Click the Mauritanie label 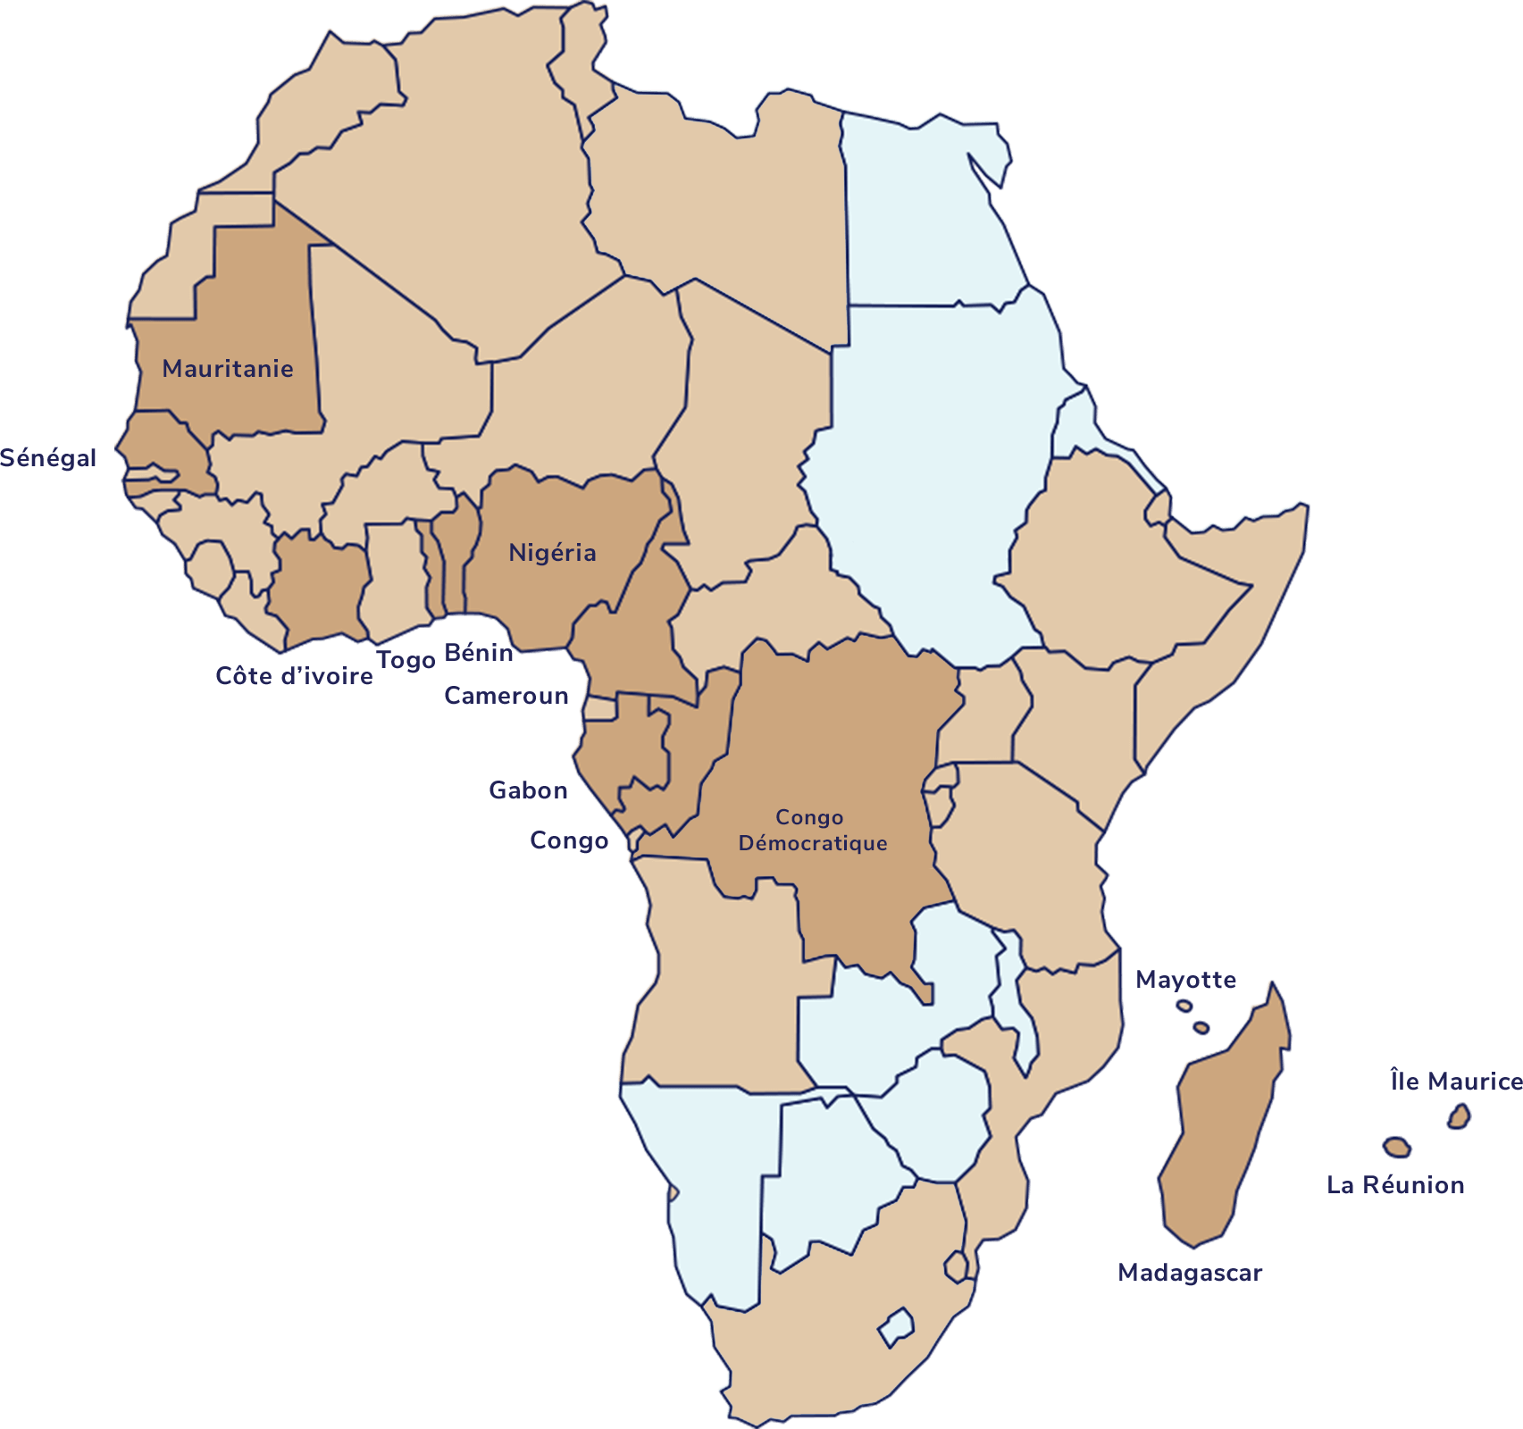[228, 369]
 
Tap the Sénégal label [48, 458]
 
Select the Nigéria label [552, 553]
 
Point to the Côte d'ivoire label [294, 676]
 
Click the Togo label [406, 661]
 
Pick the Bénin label [479, 653]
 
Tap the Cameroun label [506, 696]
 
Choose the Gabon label [528, 790]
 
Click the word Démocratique [813, 843]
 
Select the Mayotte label [1185, 980]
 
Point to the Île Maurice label [1456, 1082]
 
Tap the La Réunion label [1395, 1185]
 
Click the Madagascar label [1190, 1273]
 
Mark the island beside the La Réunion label [1396, 1146]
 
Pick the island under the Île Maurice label [1459, 1116]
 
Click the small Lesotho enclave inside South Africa [897, 1327]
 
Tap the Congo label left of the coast [569, 840]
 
